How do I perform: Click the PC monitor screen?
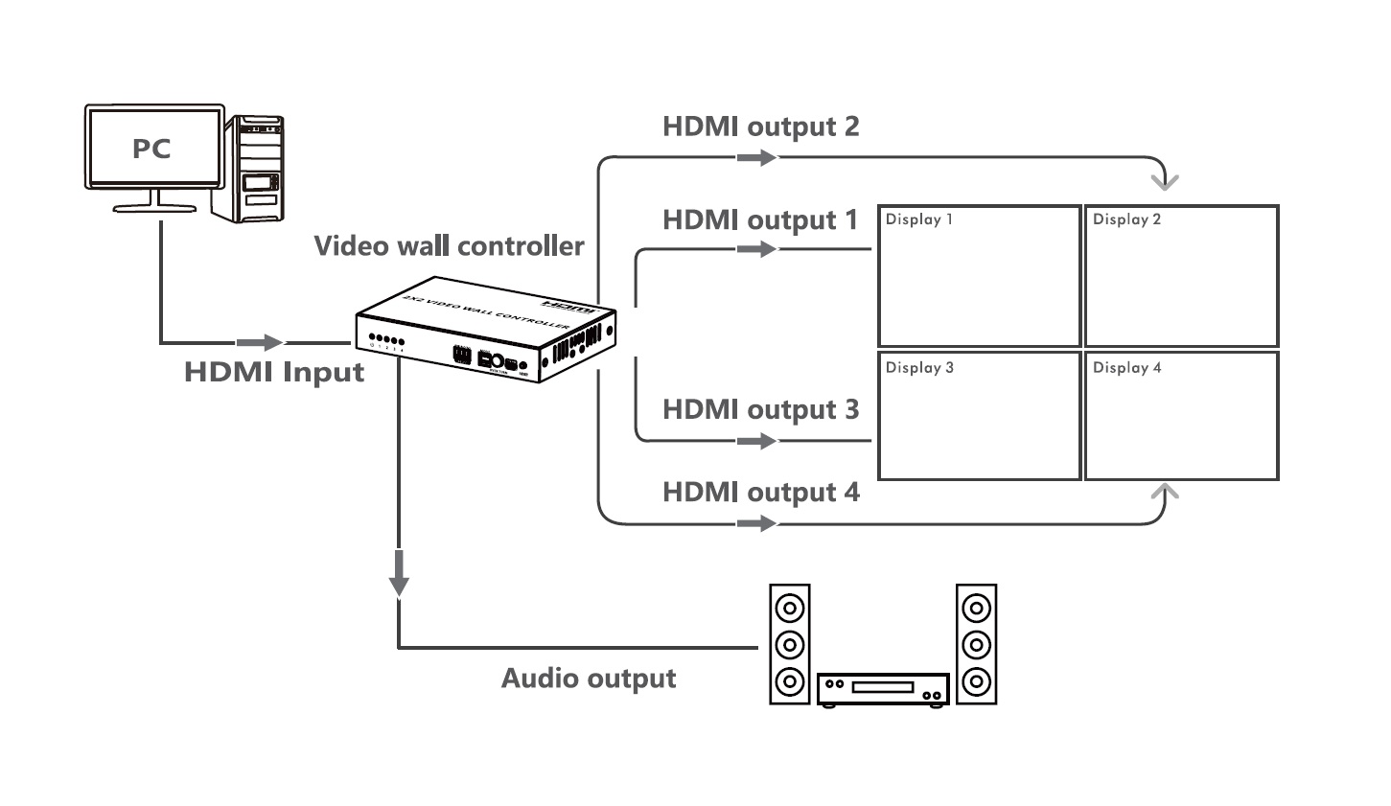coord(153,148)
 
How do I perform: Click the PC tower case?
coord(256,169)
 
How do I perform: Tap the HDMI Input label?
coord(274,372)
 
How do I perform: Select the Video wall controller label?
coord(449,246)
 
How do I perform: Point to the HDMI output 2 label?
coord(760,127)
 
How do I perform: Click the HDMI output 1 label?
coord(760,220)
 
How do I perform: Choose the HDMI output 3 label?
coord(760,410)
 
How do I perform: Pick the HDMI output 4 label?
coord(760,493)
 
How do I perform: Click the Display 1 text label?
coord(918,219)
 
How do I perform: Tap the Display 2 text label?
coord(1126,219)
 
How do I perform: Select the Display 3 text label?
coord(919,368)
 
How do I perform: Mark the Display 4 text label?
coord(1126,368)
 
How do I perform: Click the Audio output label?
coord(589,679)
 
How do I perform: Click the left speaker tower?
coord(790,645)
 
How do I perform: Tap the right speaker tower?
coord(976,645)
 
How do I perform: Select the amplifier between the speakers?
coord(883,688)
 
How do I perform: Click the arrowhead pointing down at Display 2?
coord(1166,181)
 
